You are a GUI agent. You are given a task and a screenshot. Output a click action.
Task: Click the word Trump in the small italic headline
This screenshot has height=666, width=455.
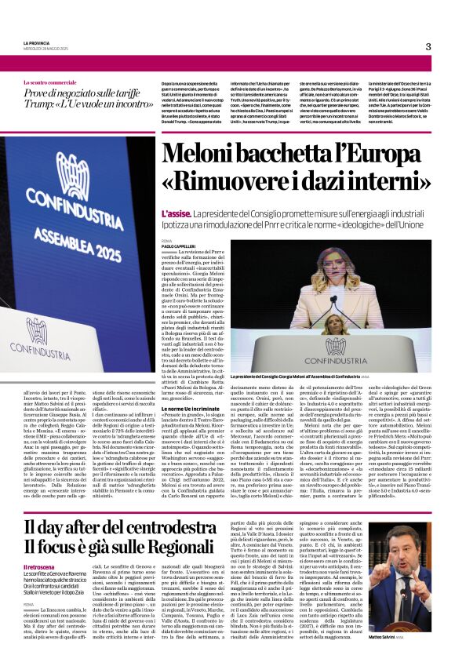43,105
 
